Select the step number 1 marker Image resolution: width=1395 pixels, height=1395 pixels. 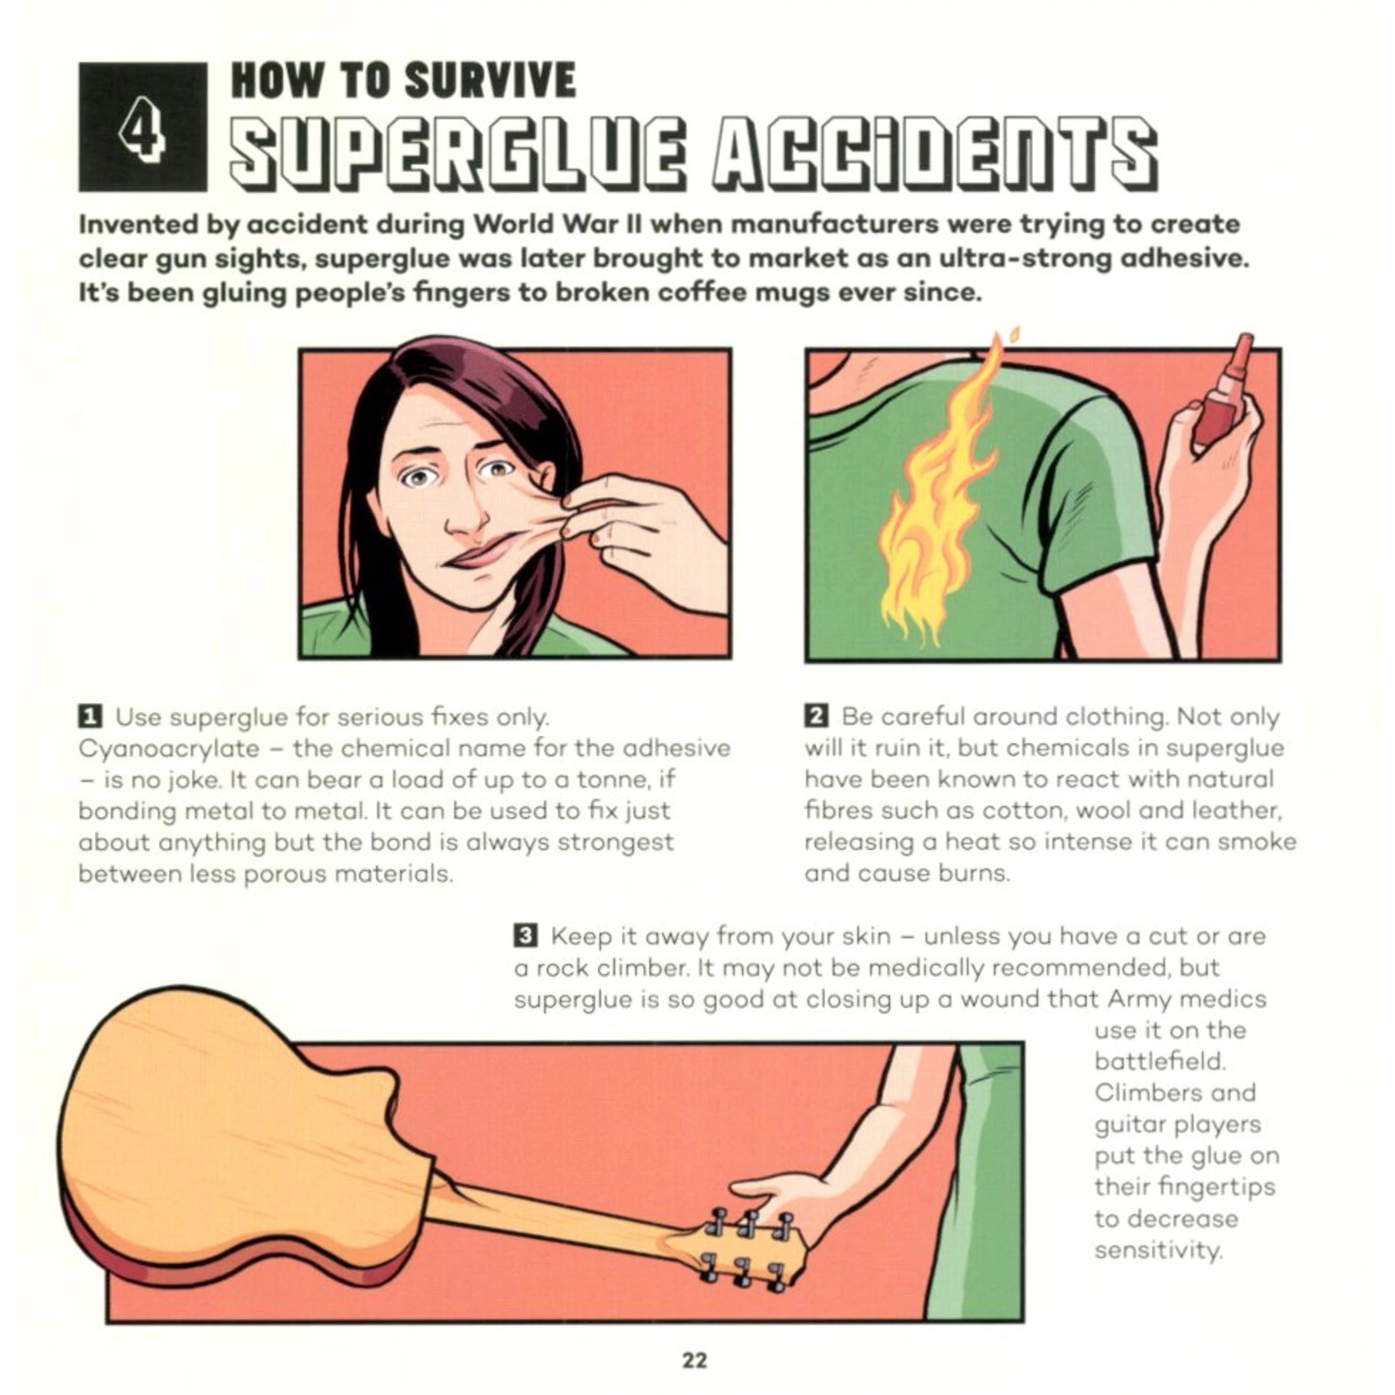pos(89,717)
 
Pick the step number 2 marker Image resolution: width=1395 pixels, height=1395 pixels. pos(815,717)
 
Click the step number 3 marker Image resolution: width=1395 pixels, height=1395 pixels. pos(525,936)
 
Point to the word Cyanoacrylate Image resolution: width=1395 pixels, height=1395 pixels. pos(169,749)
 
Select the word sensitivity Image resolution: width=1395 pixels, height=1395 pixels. pos(1158,1249)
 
